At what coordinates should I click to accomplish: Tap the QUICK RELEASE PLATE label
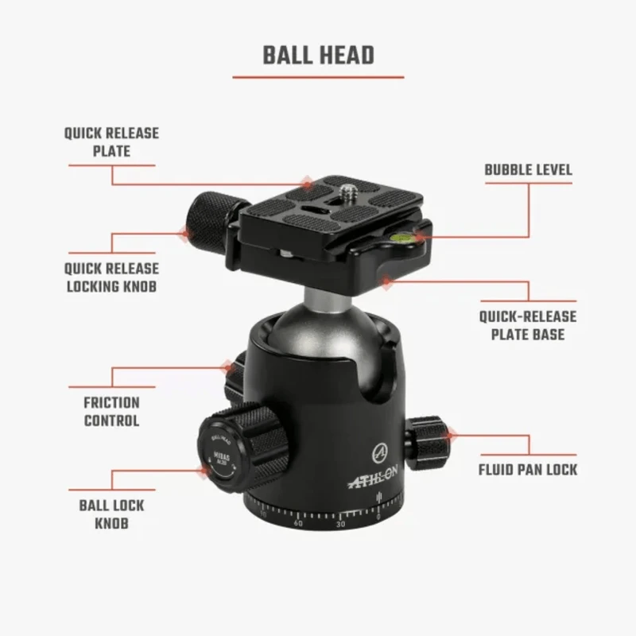pos(111,142)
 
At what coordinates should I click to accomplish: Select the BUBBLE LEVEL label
pos(528,170)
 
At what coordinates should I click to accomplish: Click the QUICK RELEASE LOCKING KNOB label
pos(111,277)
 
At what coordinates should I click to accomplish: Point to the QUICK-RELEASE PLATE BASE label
pos(527,325)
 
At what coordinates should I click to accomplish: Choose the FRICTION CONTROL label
pos(111,411)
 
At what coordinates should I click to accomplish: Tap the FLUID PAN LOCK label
pos(527,469)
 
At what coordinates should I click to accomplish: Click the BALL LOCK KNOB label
pos(111,514)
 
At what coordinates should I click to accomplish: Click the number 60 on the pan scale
pos(298,522)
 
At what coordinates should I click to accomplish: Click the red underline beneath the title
pos(318,77)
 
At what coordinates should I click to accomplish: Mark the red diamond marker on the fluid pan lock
pos(451,434)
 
